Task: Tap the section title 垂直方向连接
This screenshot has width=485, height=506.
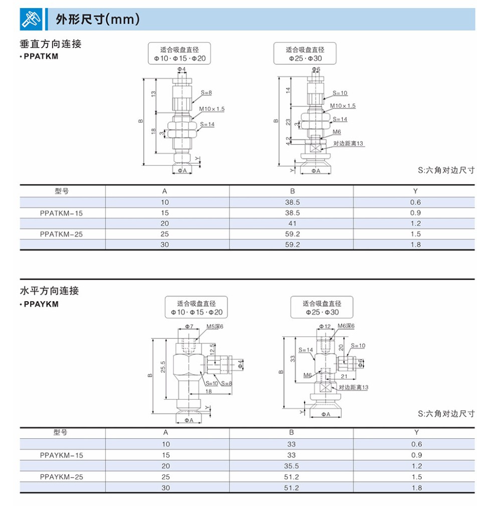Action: (50, 44)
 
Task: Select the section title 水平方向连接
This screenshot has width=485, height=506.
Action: (49, 291)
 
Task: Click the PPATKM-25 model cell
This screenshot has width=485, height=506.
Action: (61, 234)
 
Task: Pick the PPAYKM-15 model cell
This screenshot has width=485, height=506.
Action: (61, 455)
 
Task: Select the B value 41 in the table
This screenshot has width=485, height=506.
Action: (292, 223)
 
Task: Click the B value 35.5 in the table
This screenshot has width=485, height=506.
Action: (292, 466)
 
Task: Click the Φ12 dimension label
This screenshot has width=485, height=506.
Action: (325, 327)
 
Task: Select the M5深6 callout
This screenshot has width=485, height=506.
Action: (215, 326)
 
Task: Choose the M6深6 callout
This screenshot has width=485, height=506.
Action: (346, 326)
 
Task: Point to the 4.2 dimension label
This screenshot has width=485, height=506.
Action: (288, 142)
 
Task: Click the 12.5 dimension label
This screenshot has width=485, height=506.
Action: (213, 348)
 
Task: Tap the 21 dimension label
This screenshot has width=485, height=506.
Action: (345, 376)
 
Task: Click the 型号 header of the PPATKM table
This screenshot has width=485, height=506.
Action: (61, 191)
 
